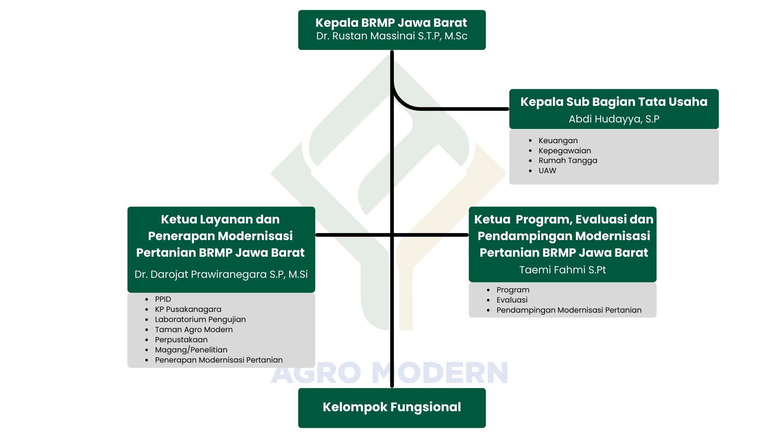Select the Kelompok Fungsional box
point(392,408)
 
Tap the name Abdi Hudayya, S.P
point(614,119)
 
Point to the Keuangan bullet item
point(558,141)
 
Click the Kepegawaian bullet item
point(564,151)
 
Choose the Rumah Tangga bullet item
point(568,161)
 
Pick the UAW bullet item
point(547,171)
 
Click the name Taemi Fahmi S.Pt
point(562,270)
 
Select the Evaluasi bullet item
point(512,300)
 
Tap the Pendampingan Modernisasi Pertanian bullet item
point(569,310)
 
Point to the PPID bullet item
point(163,299)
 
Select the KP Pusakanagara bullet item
point(188,309)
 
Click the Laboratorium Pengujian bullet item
point(200,320)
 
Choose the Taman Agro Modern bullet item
point(194,330)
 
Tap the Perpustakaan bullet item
point(181,340)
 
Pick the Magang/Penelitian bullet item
point(191,350)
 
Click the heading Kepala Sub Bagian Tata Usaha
point(614,102)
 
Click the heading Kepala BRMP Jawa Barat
point(391,23)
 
